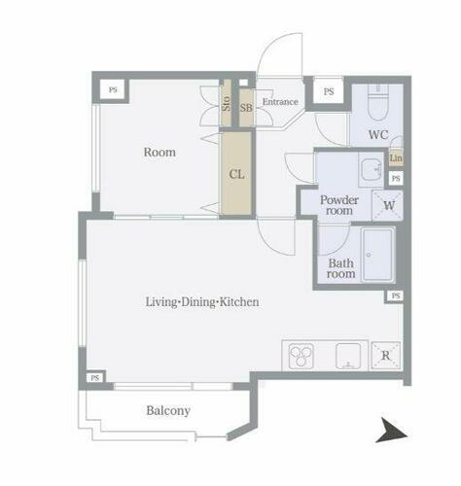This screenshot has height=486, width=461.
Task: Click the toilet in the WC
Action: coord(378,103)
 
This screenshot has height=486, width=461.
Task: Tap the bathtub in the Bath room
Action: coord(378,255)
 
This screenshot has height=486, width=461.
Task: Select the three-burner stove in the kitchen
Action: coord(301,356)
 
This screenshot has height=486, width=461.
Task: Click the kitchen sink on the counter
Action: coord(348,356)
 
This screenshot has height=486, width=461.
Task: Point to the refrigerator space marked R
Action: coord(386,356)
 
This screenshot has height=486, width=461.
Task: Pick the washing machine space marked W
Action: coord(388,205)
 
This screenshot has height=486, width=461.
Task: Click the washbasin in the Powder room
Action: coord(372,170)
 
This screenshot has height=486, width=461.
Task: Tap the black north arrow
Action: coord(391,430)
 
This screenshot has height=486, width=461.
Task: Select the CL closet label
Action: coord(236,174)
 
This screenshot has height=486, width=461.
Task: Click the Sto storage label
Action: coord(227,103)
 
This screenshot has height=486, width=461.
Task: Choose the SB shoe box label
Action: coord(246,108)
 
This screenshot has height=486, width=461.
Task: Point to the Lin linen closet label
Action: coord(396,158)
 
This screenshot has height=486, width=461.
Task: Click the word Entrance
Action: coord(280,102)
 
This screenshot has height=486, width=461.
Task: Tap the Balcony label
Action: coord(168,410)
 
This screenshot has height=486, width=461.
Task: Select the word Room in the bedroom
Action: coord(160,152)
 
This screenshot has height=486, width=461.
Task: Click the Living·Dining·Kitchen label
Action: coord(202,302)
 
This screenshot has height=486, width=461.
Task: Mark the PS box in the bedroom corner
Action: coord(113,89)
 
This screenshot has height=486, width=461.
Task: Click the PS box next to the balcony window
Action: coord(94,378)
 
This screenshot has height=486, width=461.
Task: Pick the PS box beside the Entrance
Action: coord(329,91)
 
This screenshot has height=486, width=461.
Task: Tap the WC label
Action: coord(378,134)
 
